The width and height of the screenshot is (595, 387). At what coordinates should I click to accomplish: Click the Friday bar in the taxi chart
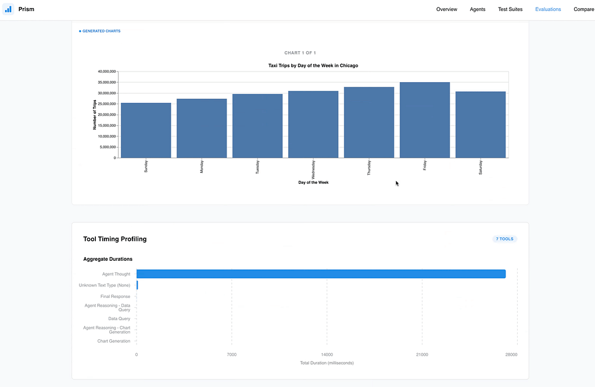tap(425, 120)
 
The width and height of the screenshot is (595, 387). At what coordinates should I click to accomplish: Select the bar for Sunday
tap(146, 130)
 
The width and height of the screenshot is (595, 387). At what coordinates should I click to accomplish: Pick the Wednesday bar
tap(313, 125)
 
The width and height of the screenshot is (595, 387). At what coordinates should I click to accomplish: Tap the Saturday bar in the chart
tap(481, 125)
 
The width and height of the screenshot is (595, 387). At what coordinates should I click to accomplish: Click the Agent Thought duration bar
tap(321, 274)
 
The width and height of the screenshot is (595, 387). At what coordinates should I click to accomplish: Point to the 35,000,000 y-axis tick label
tap(107, 83)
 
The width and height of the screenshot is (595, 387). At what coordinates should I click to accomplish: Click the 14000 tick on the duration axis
tap(327, 354)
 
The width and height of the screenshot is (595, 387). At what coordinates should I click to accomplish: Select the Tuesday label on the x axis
tap(257, 167)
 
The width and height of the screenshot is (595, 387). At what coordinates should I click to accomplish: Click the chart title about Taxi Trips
tap(313, 65)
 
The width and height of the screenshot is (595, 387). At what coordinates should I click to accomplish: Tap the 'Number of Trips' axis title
tap(95, 115)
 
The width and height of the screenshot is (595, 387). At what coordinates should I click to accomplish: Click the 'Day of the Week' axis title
tap(313, 183)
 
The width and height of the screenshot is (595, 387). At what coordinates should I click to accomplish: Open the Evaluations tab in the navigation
tap(548, 9)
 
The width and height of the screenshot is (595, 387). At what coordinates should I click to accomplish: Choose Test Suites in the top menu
tap(510, 9)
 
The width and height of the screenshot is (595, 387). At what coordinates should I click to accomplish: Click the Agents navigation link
tap(478, 9)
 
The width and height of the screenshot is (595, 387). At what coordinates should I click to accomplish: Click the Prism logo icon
tap(8, 9)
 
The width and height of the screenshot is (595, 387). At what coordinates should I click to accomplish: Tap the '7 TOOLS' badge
tap(505, 239)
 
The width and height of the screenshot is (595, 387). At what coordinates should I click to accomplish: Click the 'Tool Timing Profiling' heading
tap(114, 239)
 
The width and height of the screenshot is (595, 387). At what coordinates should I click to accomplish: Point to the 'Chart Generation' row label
tap(113, 341)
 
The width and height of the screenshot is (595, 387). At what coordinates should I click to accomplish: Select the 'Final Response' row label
tap(115, 297)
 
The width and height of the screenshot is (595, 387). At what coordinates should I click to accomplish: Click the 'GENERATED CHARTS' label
tap(99, 31)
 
